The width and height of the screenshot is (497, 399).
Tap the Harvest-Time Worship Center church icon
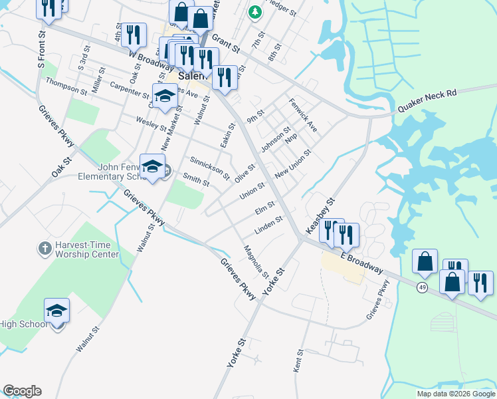45,249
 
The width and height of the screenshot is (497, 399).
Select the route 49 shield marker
423,287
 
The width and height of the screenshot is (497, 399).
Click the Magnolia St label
256,263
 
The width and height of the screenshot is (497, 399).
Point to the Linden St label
269,227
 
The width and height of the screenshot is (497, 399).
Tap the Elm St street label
264,209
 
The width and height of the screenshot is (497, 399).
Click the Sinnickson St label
209,168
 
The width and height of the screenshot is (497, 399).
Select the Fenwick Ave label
303,114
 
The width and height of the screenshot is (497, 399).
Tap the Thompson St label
66,86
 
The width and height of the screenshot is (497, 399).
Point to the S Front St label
42,49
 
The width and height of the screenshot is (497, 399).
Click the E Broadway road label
361,262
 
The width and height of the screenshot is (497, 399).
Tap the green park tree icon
254,12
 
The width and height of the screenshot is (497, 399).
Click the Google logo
22,391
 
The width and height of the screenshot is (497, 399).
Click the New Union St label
293,164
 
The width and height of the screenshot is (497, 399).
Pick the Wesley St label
150,124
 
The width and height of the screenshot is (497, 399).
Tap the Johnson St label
276,140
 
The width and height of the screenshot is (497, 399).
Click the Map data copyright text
455,394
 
